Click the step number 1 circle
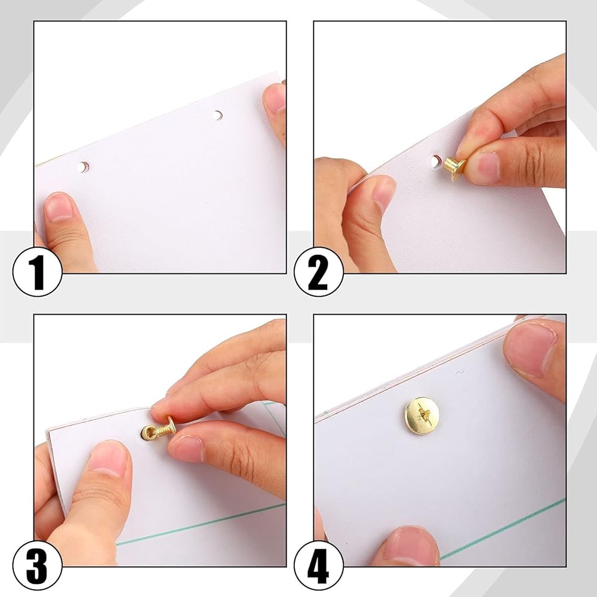pos(37,272)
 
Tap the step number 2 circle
pos(319,272)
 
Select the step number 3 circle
pos(37,565)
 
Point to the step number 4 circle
pos(319,565)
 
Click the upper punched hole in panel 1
pos(218,115)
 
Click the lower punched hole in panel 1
pos(84,167)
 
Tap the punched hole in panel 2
pos(436,161)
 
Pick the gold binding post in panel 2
pos(454,168)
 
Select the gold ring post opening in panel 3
pos(147,433)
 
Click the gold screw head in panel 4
pos(421,416)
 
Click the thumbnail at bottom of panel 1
pos(59,207)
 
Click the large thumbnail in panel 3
pos(107,458)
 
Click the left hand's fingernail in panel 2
pos(384,192)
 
